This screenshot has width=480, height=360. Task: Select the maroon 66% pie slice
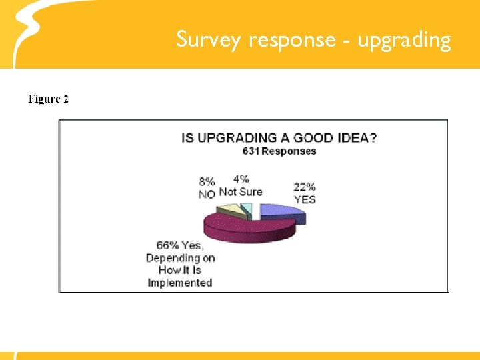tap(247, 227)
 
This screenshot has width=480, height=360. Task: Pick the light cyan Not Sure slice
tap(247, 211)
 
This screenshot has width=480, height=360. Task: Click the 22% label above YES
tap(305, 187)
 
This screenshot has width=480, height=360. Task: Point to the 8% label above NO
tap(207, 181)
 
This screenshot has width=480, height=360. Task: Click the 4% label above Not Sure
tap(241, 179)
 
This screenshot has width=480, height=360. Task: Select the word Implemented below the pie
tap(180, 282)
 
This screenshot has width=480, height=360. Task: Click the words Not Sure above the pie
tap(241, 191)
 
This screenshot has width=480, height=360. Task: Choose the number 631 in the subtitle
tap(251, 151)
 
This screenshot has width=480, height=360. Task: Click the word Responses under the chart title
tap(289, 151)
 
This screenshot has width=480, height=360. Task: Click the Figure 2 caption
tap(48, 99)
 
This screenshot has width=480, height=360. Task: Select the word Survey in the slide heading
tap(209, 41)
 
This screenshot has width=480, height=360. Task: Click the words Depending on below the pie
tap(180, 258)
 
